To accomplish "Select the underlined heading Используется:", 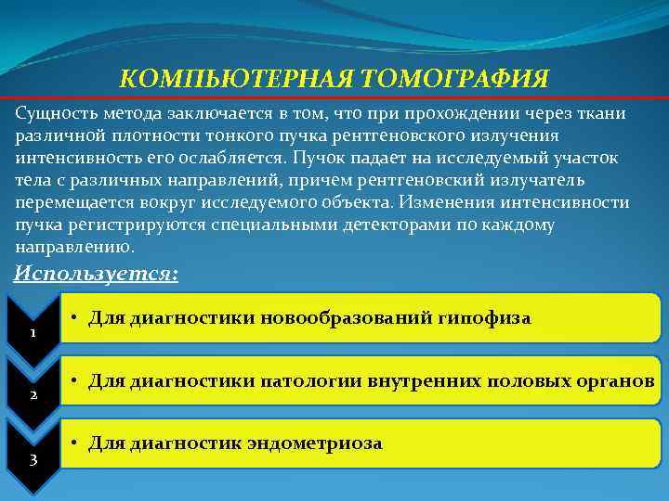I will point(97,275).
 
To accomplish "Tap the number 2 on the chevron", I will point(33,395).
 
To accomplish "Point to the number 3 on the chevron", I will point(33,457).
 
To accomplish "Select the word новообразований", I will point(337,319).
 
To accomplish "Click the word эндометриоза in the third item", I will point(314,443).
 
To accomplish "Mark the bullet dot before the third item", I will point(74,443).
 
